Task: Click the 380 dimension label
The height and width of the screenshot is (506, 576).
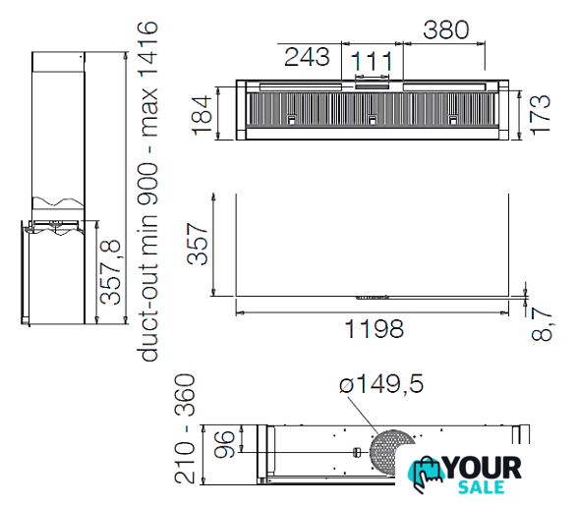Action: [x=446, y=29]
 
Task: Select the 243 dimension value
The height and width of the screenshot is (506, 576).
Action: [x=307, y=57]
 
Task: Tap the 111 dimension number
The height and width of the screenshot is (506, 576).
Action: [x=373, y=61]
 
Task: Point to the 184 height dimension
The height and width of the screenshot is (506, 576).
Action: [x=202, y=115]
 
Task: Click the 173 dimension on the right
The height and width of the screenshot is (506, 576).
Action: [x=541, y=115]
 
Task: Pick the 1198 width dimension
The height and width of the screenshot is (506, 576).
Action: [x=374, y=328]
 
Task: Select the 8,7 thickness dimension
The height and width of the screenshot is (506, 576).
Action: [x=542, y=324]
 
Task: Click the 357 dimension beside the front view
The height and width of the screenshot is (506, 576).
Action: [x=198, y=244]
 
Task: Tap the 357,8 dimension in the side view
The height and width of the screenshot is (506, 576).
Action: [x=110, y=272]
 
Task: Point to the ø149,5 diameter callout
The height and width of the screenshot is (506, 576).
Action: [x=381, y=384]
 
